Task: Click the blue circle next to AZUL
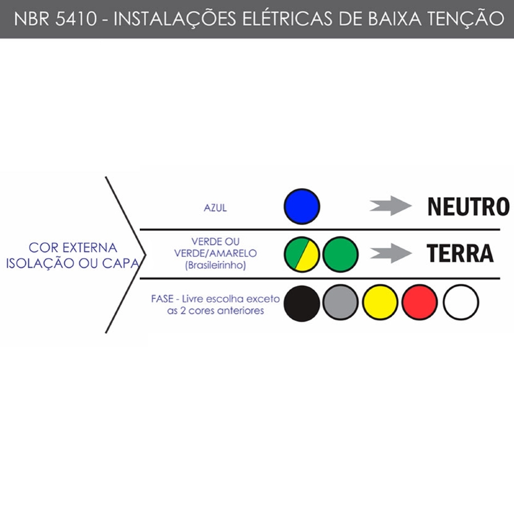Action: click(x=302, y=207)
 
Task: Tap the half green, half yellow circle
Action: click(x=302, y=254)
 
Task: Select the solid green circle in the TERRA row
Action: click(x=340, y=254)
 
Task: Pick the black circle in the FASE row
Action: click(x=302, y=303)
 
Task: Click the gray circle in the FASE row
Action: click(x=340, y=303)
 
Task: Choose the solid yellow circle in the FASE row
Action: click(x=380, y=303)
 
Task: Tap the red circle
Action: click(x=420, y=303)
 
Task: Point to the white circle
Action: click(x=461, y=303)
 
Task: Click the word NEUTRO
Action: click(x=468, y=207)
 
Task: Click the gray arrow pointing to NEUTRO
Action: click(x=391, y=206)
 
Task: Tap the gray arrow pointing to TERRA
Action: click(x=391, y=253)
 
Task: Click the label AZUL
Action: click(x=215, y=209)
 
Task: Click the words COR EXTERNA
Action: click(x=73, y=247)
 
